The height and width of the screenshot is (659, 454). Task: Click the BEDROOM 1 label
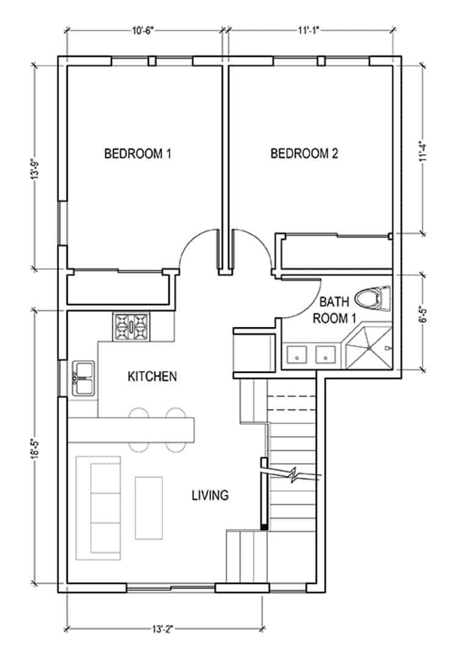tap(137, 154)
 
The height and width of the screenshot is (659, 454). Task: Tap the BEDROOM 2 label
tap(304, 154)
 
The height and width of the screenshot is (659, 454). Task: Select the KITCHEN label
tap(152, 376)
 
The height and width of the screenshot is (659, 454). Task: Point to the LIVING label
tap(210, 495)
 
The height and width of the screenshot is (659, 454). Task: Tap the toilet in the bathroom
tap(373, 298)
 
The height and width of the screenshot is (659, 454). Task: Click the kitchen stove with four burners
tap(131, 326)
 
